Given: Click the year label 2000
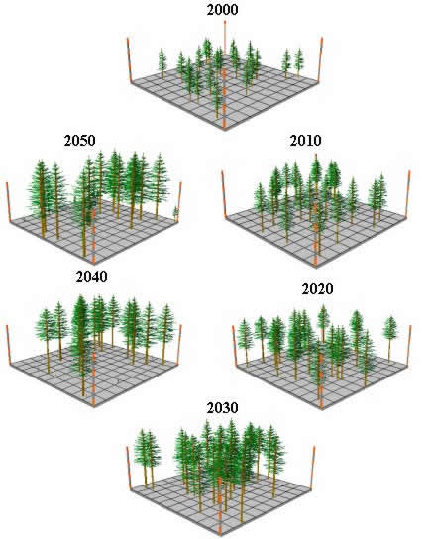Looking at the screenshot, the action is (x=222, y=10).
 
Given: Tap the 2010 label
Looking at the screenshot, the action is (x=305, y=141).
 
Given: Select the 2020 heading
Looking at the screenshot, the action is (x=317, y=288).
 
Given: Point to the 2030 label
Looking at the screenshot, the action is (x=222, y=408).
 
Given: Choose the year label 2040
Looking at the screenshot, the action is (x=91, y=277).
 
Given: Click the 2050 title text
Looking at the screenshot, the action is (x=79, y=141).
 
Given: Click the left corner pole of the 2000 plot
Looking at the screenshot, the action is (x=129, y=60).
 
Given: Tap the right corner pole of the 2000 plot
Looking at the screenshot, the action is (x=320, y=59).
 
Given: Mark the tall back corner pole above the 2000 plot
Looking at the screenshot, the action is (x=225, y=38).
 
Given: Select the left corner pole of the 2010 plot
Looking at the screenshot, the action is (x=224, y=194).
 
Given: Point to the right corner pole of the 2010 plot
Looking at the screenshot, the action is (x=407, y=193).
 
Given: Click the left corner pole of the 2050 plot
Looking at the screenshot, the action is (x=8, y=202).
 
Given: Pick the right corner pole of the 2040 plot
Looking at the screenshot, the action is (x=179, y=344).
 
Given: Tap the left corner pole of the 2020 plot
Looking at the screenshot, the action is (x=235, y=346).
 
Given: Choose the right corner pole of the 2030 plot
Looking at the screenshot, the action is (x=313, y=468).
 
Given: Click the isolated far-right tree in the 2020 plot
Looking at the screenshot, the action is (x=390, y=339).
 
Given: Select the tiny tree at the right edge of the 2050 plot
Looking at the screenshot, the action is (x=175, y=213).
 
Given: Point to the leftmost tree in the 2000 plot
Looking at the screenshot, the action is (x=162, y=63).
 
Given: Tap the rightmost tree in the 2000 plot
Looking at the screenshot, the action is (x=299, y=61).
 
